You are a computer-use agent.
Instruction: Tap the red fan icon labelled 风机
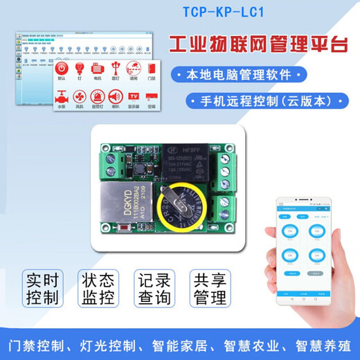80,98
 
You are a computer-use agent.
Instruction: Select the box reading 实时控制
44,289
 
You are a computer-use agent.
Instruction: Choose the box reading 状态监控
98,289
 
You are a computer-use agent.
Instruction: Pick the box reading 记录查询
154,289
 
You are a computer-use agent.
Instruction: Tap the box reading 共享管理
209,289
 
